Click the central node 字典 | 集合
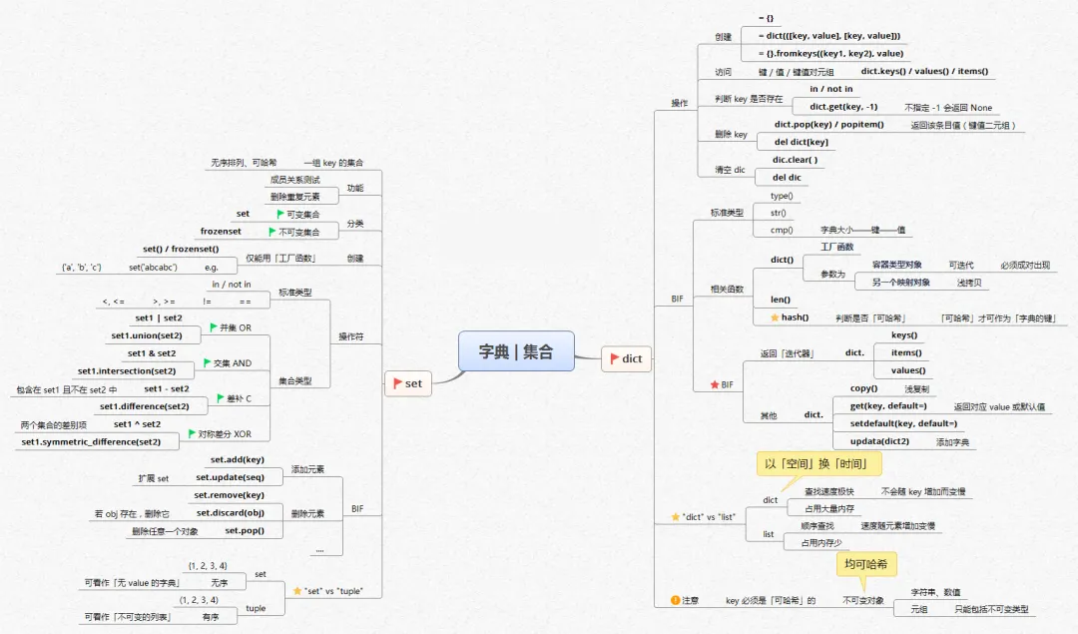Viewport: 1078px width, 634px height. (x=515, y=351)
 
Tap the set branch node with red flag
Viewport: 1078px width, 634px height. (x=408, y=382)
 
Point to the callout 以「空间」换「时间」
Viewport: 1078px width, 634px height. (x=822, y=464)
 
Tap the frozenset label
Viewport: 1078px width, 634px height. (x=221, y=231)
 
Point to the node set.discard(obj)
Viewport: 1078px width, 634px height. (x=231, y=512)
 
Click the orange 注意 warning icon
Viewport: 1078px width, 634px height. (x=676, y=600)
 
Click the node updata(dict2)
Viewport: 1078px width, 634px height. (x=879, y=441)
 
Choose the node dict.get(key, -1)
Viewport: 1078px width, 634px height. (x=843, y=106)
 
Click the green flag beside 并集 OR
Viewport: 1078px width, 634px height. (x=214, y=326)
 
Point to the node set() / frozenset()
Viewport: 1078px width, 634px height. (x=180, y=249)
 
